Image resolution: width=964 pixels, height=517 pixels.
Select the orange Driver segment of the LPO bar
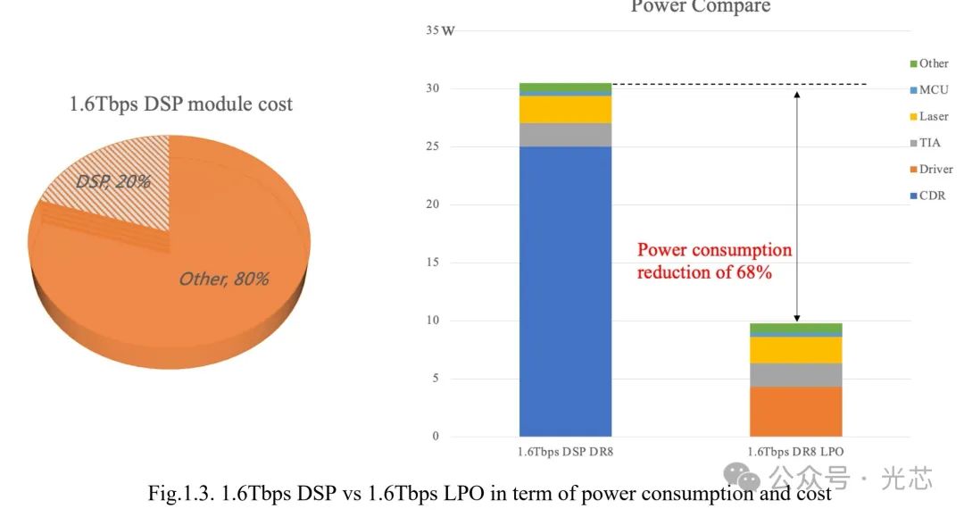click(x=796, y=411)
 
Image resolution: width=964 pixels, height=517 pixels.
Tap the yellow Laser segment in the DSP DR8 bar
click(x=565, y=109)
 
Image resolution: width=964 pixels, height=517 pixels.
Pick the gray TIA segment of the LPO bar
click(x=796, y=375)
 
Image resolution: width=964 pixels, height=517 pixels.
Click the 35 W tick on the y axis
click(x=440, y=31)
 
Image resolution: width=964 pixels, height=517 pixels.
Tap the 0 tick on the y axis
click(x=436, y=437)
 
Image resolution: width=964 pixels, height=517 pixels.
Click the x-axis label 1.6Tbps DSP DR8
click(x=565, y=452)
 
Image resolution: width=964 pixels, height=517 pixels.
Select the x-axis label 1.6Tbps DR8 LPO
click(x=795, y=452)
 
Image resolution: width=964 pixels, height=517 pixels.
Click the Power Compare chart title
click(x=700, y=7)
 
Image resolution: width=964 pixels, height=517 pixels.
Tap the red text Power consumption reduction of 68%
click(x=713, y=261)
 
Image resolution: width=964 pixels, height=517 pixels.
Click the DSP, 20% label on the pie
click(x=112, y=181)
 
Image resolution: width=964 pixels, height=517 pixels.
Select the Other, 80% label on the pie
click(x=223, y=279)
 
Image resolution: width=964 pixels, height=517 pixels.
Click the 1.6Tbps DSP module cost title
click(x=181, y=104)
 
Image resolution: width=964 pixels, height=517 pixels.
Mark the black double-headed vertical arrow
click(x=797, y=205)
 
